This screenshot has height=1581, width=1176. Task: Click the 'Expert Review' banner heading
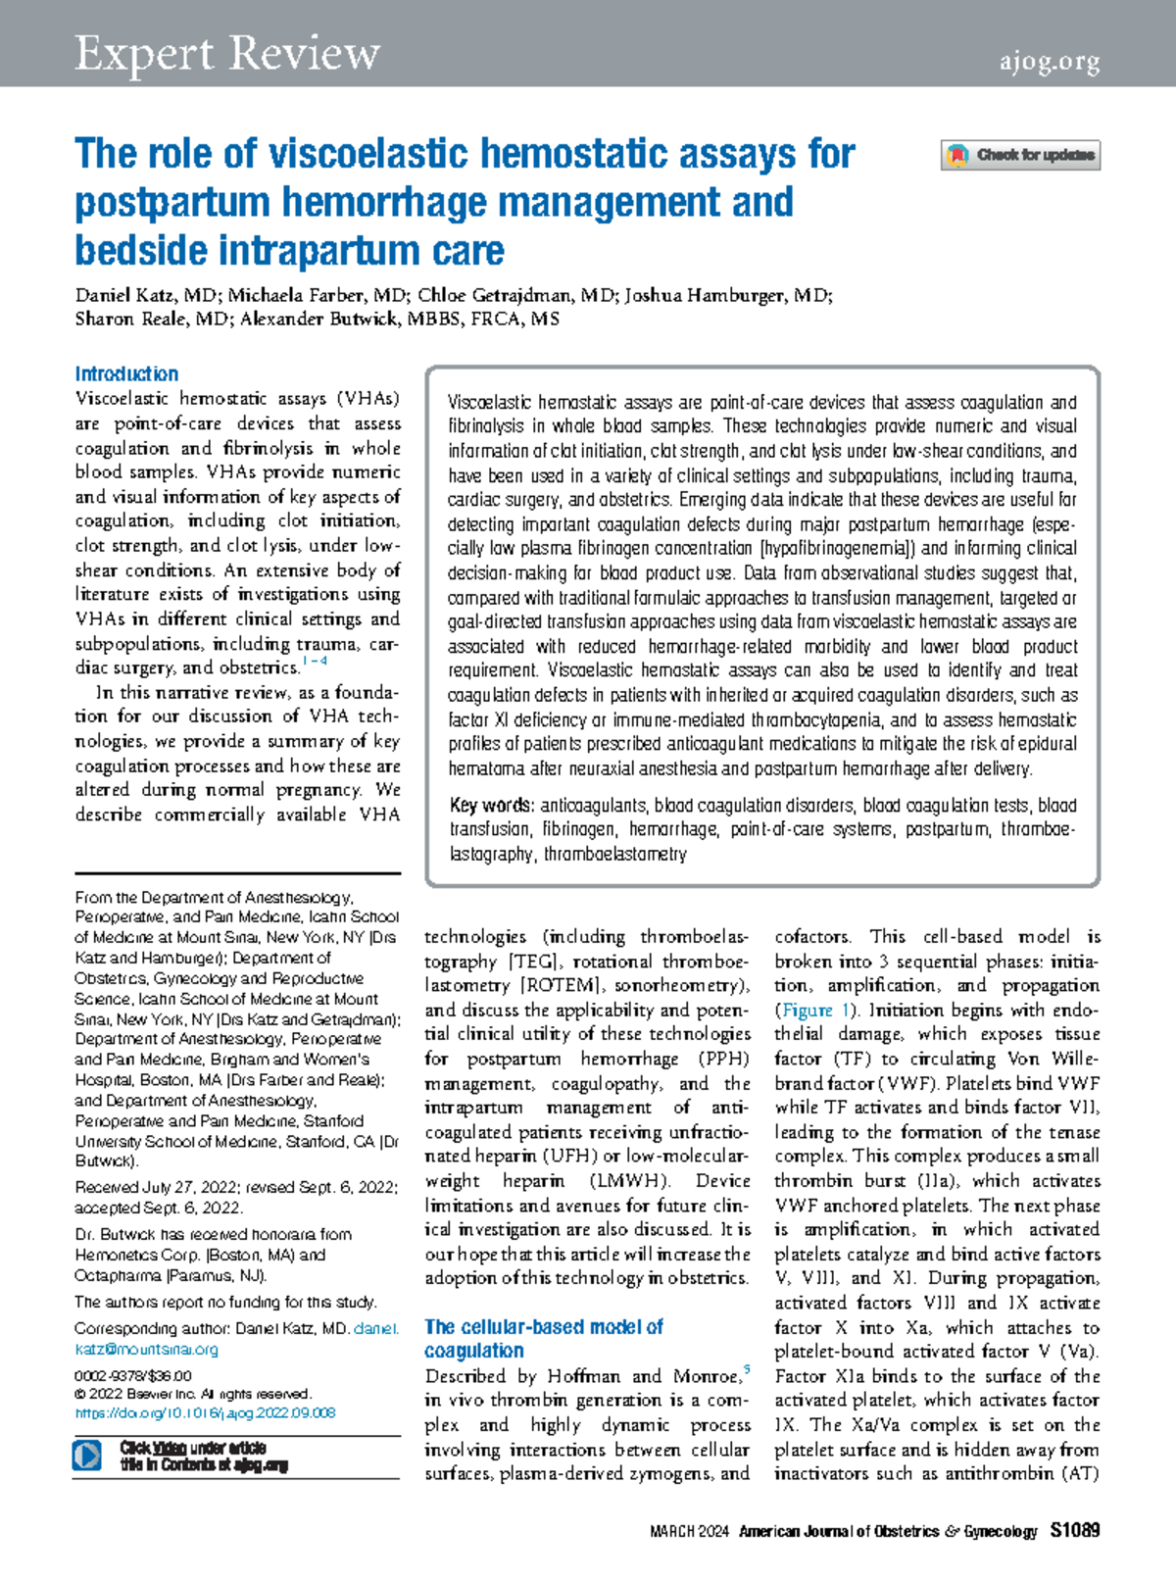tap(227, 53)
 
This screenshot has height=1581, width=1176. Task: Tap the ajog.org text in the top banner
tap(1049, 62)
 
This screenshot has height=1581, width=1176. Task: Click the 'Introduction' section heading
tap(126, 373)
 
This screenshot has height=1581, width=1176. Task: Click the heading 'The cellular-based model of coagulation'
tap(543, 1338)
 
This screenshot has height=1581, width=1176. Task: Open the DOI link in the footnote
tap(205, 1412)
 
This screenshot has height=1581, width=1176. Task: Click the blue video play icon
tap(87, 1455)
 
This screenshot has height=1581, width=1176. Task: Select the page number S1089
tap(1075, 1530)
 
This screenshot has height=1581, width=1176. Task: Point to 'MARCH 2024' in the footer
tap(689, 1531)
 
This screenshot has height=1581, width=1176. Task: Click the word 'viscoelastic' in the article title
tap(369, 154)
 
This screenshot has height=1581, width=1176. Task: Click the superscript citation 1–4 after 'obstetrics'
tap(316, 662)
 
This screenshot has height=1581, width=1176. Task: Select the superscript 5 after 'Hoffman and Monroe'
tap(747, 1370)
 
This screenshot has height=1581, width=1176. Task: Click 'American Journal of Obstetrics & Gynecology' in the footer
tap(887, 1531)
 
